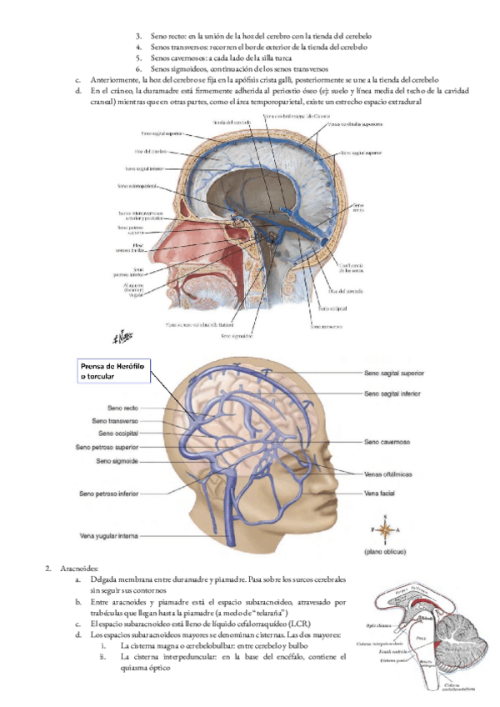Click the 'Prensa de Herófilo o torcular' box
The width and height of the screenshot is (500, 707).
[x=112, y=371]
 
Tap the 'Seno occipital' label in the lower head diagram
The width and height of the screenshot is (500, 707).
[x=117, y=434]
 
